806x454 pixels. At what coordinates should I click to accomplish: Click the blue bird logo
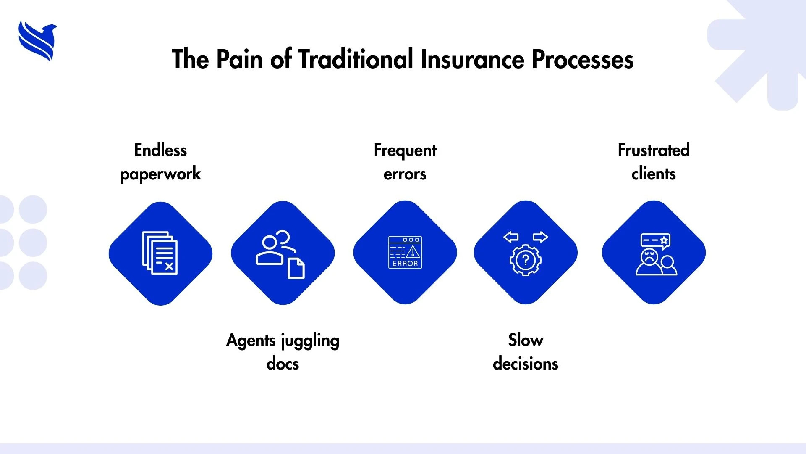[x=37, y=41]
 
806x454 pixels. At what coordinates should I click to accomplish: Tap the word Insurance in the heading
[x=472, y=59]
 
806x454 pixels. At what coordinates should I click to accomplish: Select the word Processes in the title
[x=583, y=59]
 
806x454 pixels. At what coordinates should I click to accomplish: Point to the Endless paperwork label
[x=160, y=162]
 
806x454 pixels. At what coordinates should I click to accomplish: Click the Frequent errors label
[x=405, y=162]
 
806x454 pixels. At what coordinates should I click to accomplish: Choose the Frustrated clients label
[x=654, y=162]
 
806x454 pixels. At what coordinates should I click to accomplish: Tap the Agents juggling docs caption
[x=283, y=352]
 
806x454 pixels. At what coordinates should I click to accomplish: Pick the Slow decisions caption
[x=526, y=352]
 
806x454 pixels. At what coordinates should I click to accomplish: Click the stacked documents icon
[x=160, y=253]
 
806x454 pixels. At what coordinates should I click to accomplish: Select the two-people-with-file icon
[x=280, y=253]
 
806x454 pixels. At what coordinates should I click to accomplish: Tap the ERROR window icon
[x=405, y=252]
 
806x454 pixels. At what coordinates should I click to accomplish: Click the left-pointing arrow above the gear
[x=511, y=237]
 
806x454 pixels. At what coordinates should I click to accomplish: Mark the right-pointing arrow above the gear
[x=540, y=237]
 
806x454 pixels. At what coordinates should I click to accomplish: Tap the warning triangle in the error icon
[x=413, y=252]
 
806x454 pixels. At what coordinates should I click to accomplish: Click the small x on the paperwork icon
[x=169, y=267]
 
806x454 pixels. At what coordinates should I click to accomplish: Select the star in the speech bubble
[x=664, y=240]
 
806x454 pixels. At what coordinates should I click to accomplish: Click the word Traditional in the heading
[x=356, y=59]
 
